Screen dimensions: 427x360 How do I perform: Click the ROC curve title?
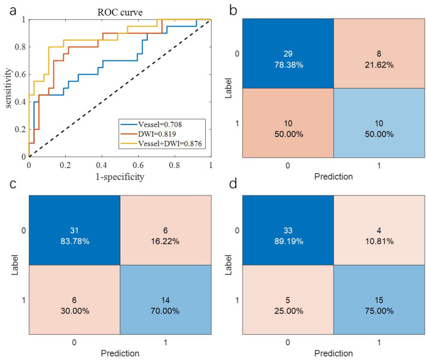click(x=120, y=12)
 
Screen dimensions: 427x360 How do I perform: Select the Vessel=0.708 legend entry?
click(x=151, y=124)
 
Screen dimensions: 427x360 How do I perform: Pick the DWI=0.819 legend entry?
click(x=148, y=134)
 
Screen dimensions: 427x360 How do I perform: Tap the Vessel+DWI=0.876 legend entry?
click(x=161, y=144)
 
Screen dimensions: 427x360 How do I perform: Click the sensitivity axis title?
click(x=8, y=88)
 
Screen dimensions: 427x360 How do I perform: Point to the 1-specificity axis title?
click(x=120, y=177)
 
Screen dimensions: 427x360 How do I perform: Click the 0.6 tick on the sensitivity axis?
click(x=20, y=74)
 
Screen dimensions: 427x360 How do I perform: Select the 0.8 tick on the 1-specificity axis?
click(x=174, y=165)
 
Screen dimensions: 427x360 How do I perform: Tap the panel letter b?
click(x=233, y=10)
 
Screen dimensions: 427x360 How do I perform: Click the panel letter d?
click(x=233, y=184)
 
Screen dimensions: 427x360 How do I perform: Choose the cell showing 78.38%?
click(x=288, y=53)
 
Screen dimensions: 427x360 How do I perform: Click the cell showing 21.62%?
click(x=379, y=53)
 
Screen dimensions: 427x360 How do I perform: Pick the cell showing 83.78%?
click(x=74, y=230)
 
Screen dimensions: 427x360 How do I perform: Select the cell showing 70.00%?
click(x=166, y=300)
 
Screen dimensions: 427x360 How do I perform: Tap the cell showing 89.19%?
click(x=288, y=230)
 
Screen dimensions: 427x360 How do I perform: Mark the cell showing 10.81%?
click(x=379, y=230)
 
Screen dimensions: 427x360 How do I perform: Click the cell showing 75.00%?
click(x=379, y=300)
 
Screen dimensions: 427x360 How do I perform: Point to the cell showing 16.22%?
click(x=166, y=230)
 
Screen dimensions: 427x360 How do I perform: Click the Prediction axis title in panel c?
click(x=120, y=353)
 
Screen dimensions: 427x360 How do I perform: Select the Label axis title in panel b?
click(x=228, y=88)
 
